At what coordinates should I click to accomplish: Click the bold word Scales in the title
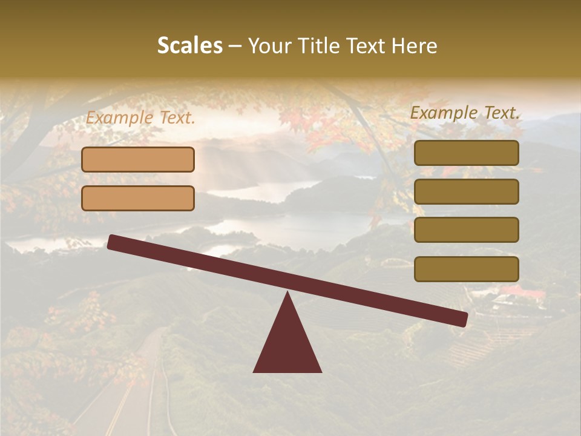[x=190, y=45]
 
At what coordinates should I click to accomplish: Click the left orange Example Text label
[x=140, y=118]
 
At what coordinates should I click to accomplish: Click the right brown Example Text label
[x=465, y=113]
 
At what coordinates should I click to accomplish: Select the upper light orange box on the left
[x=138, y=159]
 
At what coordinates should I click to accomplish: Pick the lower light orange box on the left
[x=138, y=198]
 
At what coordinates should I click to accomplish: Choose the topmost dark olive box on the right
[x=466, y=153]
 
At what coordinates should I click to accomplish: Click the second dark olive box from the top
[x=466, y=191]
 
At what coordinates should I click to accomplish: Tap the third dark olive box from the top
[x=466, y=230]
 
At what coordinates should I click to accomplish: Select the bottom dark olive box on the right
[x=466, y=269]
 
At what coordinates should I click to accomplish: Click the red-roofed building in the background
[x=520, y=294]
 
